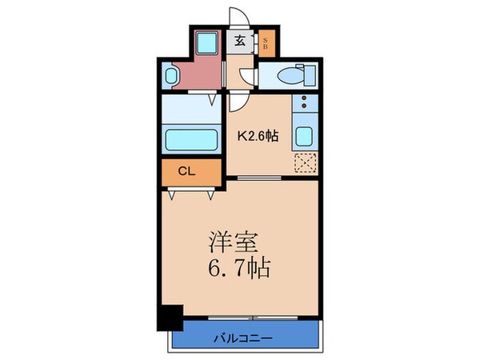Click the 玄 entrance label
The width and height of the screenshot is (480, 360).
tap(239, 43)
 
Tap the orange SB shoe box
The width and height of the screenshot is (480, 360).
tap(266, 43)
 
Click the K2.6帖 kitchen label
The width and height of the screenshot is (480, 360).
tap(257, 136)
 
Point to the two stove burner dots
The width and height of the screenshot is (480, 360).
tap(304, 104)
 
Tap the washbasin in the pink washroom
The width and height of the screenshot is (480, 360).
tap(171, 76)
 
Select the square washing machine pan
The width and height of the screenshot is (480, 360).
tap(206, 43)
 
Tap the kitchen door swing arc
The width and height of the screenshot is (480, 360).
tap(238, 101)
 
